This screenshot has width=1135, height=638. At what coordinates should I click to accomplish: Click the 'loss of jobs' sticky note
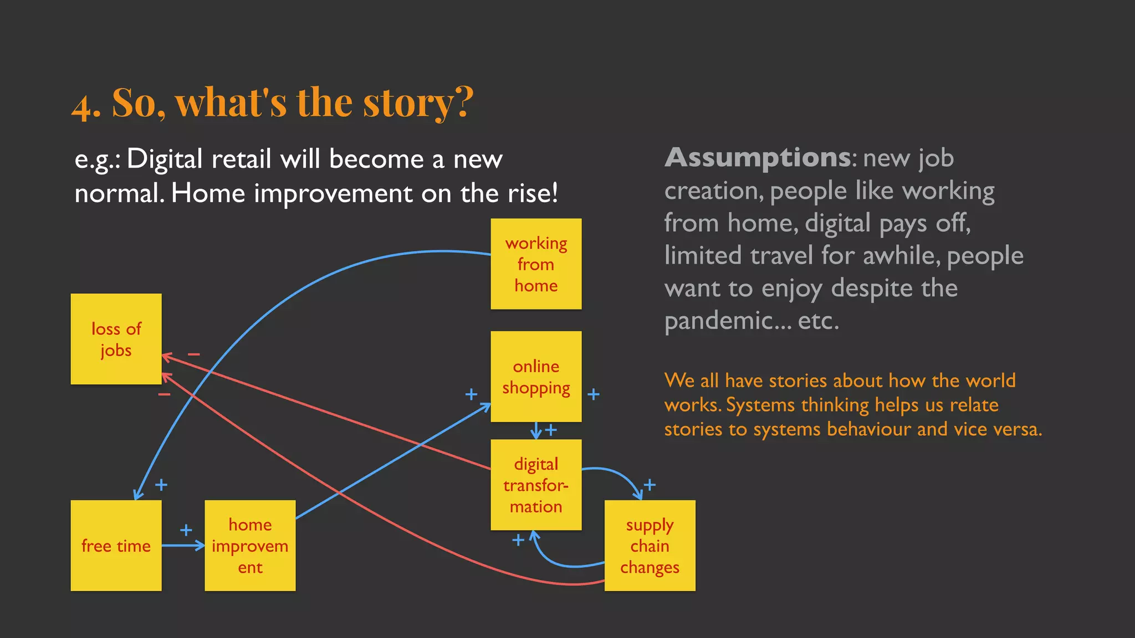116,339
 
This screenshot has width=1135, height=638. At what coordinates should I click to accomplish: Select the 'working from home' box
536,264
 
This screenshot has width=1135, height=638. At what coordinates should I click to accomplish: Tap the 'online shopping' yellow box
536,377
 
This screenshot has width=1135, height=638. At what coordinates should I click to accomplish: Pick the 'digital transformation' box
536,485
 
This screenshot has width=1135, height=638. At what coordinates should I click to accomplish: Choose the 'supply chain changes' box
650,546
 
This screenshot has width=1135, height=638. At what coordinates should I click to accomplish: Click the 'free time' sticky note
116,546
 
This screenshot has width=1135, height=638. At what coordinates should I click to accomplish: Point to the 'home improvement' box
250,546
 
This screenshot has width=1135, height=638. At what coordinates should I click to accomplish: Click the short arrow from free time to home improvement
183,546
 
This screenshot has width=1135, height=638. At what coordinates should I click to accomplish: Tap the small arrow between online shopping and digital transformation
536,430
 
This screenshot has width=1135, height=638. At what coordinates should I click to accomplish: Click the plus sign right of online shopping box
594,394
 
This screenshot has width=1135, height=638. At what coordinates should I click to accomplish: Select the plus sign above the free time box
161,485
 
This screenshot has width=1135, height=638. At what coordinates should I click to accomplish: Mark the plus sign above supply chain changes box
650,485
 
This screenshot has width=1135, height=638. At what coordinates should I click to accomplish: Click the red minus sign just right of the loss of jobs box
193,354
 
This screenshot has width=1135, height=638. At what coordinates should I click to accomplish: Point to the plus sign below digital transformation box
518,539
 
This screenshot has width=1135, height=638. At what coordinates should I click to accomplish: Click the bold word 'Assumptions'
757,158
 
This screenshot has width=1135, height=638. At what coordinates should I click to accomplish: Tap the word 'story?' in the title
418,103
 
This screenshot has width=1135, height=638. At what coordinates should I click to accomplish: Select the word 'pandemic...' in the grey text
728,321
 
